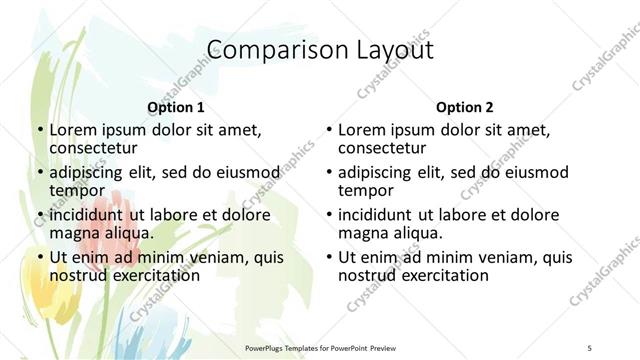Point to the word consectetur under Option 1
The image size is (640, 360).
93,148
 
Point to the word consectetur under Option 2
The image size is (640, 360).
382,148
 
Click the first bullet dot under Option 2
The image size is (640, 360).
328,131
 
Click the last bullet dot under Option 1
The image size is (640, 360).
39,258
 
